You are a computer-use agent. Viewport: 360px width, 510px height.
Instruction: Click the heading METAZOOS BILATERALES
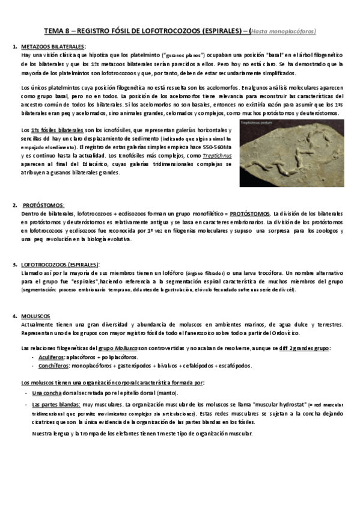(x=53, y=46)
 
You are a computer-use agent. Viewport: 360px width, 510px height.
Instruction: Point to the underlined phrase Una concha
(x=46, y=392)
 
